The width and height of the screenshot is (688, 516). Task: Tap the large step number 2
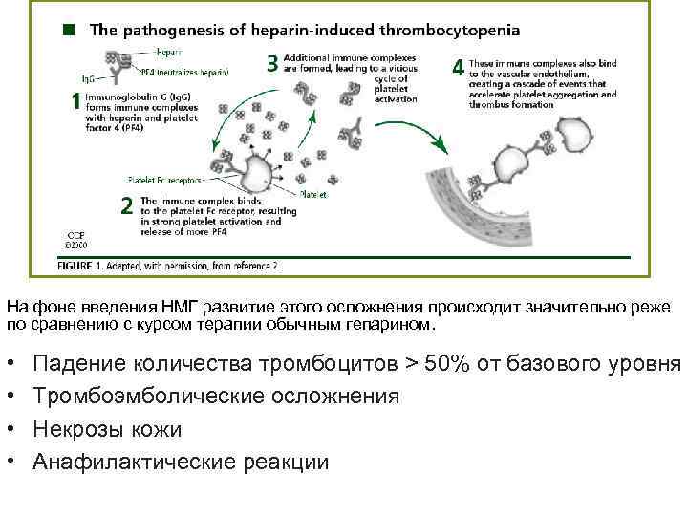coord(127,204)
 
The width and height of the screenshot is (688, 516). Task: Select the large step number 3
coord(272,64)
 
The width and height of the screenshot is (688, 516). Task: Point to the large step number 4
coord(458,68)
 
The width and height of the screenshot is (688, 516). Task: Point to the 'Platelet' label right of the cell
coord(312,193)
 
